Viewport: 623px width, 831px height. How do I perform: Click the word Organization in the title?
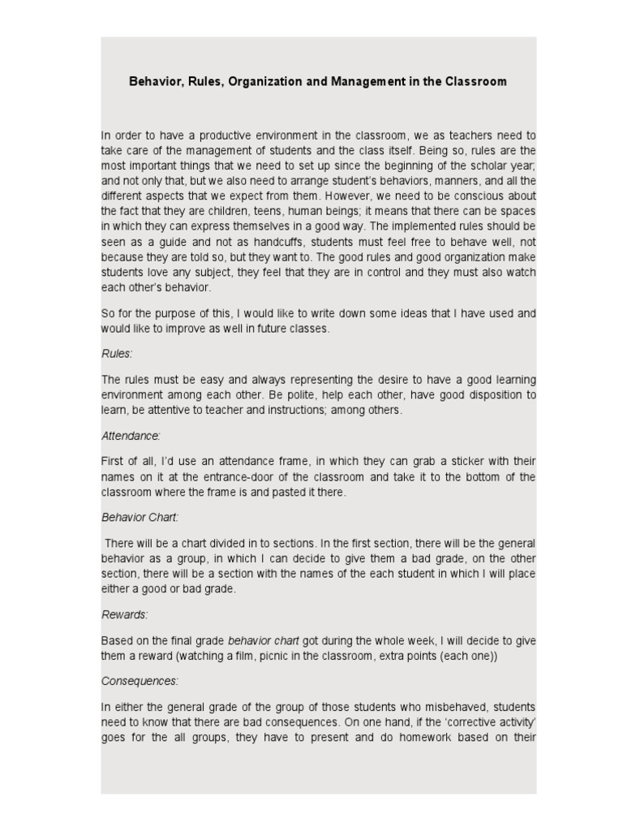(266, 82)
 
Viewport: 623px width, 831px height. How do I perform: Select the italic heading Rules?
(117, 354)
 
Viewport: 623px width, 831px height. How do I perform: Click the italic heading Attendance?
(131, 436)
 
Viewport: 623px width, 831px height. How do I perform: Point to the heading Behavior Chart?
(140, 517)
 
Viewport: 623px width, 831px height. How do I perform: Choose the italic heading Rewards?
(124, 615)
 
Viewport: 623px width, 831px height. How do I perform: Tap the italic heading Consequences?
(140, 681)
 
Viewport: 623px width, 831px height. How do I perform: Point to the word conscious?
(478, 196)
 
